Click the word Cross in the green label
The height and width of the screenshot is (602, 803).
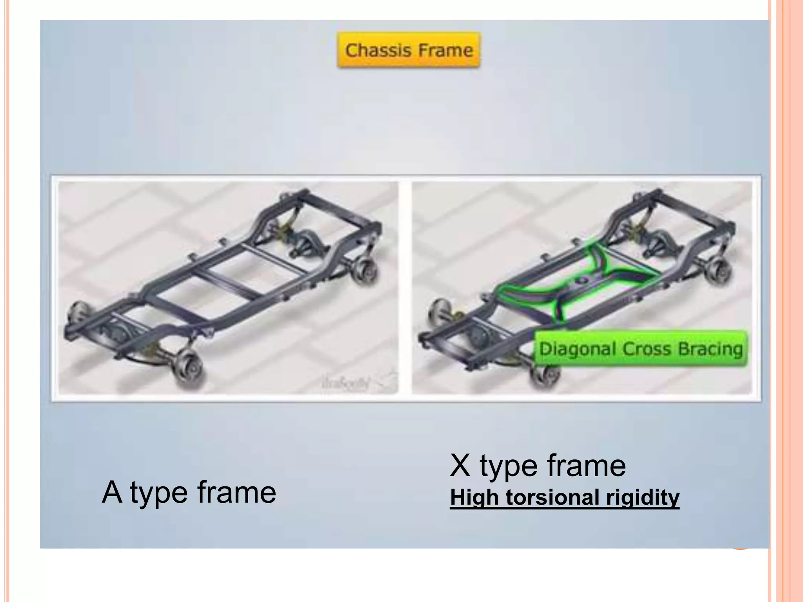(x=648, y=349)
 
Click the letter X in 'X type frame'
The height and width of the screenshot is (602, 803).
(x=461, y=466)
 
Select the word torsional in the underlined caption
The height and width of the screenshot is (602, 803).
(x=553, y=497)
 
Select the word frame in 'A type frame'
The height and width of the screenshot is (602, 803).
(x=237, y=493)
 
